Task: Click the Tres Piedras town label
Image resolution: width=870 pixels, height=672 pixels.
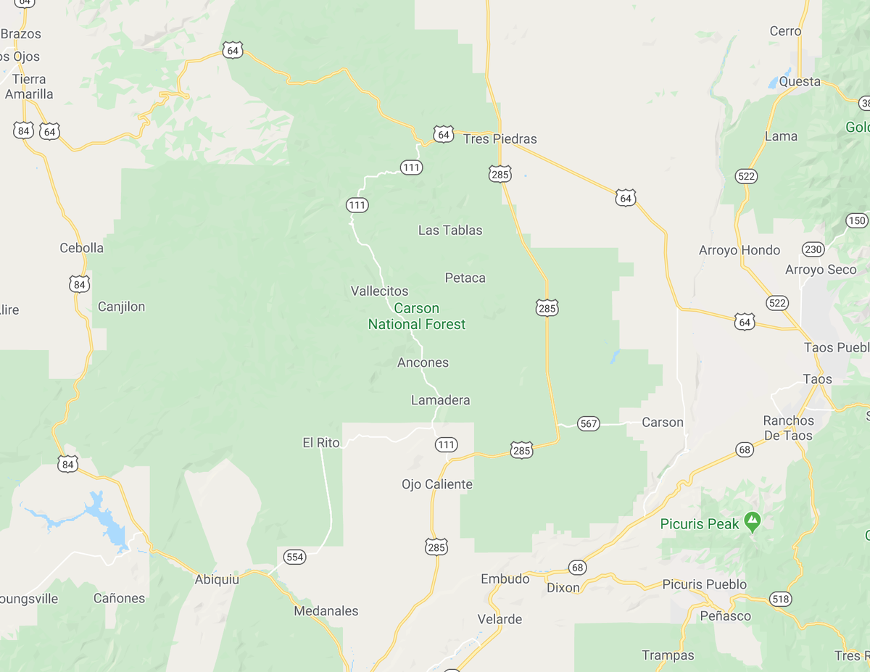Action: click(x=500, y=139)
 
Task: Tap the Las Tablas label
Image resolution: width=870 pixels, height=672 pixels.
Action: click(x=450, y=231)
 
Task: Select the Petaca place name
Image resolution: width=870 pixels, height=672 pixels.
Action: click(x=465, y=278)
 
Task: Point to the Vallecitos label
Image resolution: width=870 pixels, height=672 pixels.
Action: click(x=379, y=291)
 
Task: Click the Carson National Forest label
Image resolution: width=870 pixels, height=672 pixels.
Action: click(x=417, y=317)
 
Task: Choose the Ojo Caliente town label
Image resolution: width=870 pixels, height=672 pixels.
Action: click(x=437, y=484)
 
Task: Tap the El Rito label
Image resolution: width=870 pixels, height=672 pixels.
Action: click(x=321, y=442)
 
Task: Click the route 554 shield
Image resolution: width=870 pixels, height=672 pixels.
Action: click(x=294, y=557)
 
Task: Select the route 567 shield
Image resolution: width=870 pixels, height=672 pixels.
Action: click(x=589, y=423)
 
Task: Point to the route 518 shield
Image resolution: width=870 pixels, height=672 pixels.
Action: click(x=781, y=600)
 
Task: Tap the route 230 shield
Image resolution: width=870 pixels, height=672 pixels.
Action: click(x=813, y=249)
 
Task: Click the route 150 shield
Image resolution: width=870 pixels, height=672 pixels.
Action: click(x=856, y=220)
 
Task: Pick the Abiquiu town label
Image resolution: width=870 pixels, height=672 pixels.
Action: click(x=217, y=579)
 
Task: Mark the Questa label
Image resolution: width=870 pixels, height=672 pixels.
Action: click(x=800, y=81)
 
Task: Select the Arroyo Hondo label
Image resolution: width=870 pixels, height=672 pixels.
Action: click(x=739, y=250)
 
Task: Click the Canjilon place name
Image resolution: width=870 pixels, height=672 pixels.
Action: click(x=121, y=307)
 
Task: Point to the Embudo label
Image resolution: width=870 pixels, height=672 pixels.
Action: click(x=505, y=579)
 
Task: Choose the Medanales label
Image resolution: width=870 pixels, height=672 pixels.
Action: click(x=326, y=611)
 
